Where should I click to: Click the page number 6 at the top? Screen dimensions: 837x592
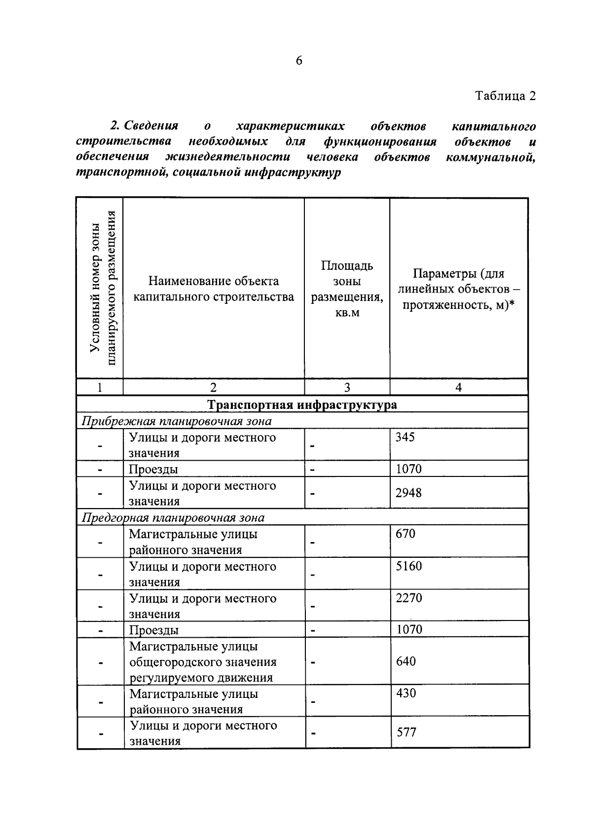click(x=299, y=61)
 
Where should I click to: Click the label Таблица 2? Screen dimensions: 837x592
click(x=505, y=95)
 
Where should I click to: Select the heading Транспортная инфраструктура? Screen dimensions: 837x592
click(x=302, y=405)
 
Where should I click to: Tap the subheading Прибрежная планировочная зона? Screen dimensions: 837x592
click(x=177, y=421)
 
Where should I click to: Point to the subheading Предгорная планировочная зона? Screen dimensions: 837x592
click(x=173, y=517)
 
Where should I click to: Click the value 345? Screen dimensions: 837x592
click(x=406, y=437)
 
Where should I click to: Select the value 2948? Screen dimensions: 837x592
click(x=409, y=492)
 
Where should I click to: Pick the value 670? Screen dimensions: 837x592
click(x=406, y=534)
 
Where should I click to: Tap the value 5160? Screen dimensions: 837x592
click(x=409, y=566)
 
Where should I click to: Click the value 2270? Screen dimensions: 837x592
click(x=409, y=598)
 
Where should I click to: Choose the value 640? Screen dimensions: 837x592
click(x=406, y=661)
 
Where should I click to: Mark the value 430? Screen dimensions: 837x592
click(x=406, y=693)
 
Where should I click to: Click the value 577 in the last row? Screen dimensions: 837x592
click(x=407, y=732)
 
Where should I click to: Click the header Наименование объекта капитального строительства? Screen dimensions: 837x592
click(x=214, y=289)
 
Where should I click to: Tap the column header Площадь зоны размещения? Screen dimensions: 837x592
click(x=347, y=289)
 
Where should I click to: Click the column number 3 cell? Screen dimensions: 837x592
click(x=347, y=387)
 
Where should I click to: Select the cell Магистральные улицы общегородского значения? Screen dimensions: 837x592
click(x=203, y=661)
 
